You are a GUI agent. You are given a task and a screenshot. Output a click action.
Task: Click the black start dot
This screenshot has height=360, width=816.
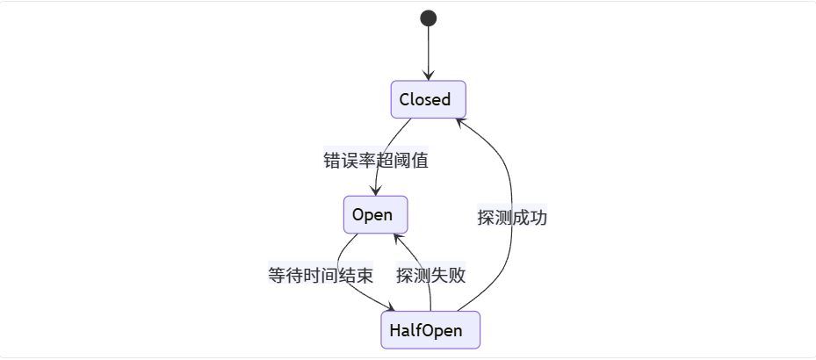tap(429, 18)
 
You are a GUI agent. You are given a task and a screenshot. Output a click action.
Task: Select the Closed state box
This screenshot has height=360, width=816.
tap(428, 99)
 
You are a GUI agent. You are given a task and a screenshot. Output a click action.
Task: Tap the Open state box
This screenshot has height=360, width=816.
tap(375, 214)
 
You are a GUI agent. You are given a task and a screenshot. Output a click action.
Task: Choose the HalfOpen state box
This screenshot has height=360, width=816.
tap(430, 330)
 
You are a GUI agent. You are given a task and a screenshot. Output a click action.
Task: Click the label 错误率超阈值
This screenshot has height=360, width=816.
tap(376, 161)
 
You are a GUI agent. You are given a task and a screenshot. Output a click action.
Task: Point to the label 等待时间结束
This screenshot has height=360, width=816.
tap(321, 275)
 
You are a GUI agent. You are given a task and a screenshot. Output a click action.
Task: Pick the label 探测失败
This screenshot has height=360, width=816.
tap(430, 275)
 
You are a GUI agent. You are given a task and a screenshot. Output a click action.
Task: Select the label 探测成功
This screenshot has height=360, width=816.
tap(512, 218)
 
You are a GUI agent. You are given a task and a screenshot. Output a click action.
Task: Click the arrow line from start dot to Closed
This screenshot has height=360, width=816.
tap(429, 48)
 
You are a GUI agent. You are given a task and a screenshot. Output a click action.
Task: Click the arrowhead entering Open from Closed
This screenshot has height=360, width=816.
tap(376, 191)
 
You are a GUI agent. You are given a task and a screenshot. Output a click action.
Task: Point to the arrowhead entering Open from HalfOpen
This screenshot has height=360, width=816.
tap(397, 237)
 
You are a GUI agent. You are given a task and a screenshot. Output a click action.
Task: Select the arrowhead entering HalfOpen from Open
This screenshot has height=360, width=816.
tap(390, 307)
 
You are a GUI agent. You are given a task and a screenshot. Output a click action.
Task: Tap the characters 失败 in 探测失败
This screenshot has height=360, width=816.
tap(448, 275)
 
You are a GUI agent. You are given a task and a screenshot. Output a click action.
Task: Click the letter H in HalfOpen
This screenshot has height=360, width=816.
tap(394, 331)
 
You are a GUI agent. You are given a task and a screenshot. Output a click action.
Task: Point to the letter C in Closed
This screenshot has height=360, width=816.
tap(405, 99)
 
